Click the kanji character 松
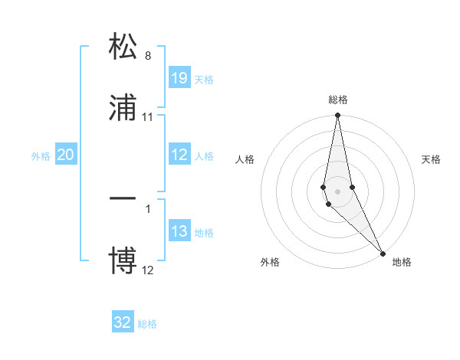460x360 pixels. click(123, 47)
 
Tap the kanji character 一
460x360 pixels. click(123, 199)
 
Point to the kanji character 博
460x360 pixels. click(123, 259)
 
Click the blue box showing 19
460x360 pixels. click(179, 78)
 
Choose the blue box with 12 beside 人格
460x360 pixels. click(179, 155)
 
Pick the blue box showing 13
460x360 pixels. click(179, 231)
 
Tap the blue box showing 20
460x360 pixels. click(66, 155)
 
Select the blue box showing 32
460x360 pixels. click(123, 322)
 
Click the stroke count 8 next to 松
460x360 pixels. click(148, 56)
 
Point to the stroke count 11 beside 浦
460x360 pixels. click(148, 116)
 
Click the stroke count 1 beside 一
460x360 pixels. click(148, 208)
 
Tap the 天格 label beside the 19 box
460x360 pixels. click(204, 79)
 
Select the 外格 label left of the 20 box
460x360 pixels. click(41, 155)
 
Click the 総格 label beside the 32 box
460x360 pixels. click(147, 323)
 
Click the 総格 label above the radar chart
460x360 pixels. click(338, 100)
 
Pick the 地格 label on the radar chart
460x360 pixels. click(402, 262)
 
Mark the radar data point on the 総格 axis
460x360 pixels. click(338, 116)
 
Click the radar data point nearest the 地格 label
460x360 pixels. click(383, 254)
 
